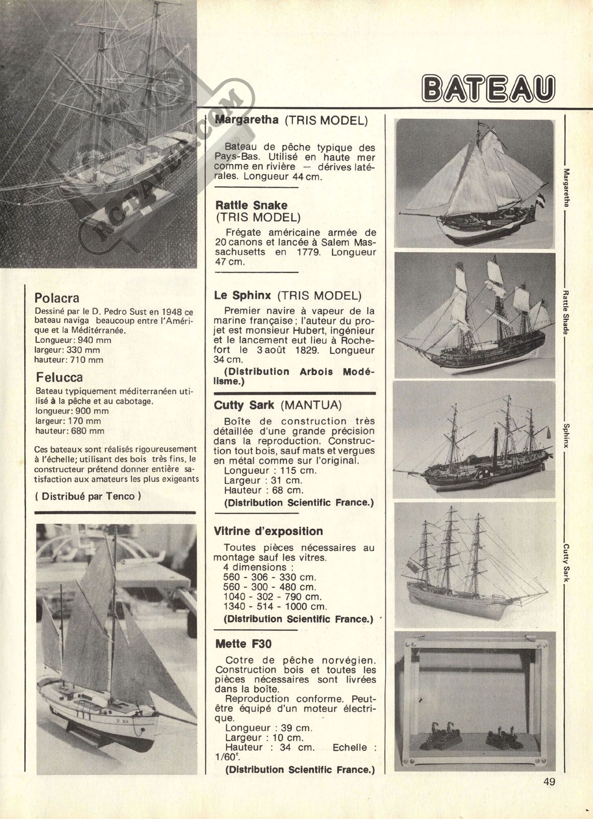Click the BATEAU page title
click(x=488, y=89)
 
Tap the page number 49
click(x=549, y=781)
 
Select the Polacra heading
click(x=57, y=298)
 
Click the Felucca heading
click(x=59, y=377)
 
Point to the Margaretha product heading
click(x=247, y=119)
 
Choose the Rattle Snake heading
click(x=252, y=205)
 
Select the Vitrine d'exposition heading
click(x=268, y=531)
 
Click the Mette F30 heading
click(x=243, y=644)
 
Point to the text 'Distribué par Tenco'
click(x=88, y=496)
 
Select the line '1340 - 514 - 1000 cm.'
click(x=275, y=607)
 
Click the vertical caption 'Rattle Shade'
click(x=565, y=313)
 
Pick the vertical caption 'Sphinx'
click(x=565, y=436)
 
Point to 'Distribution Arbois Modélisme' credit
click(x=294, y=376)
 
